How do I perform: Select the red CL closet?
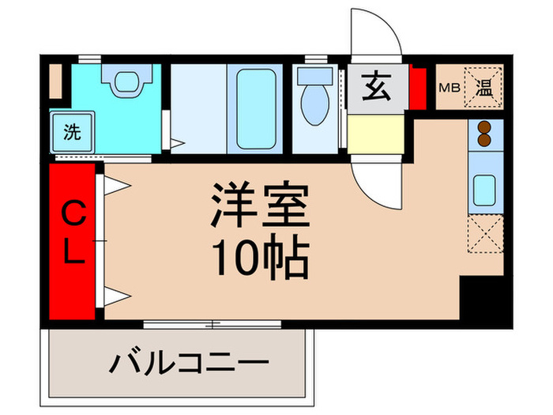tap(72, 240)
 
